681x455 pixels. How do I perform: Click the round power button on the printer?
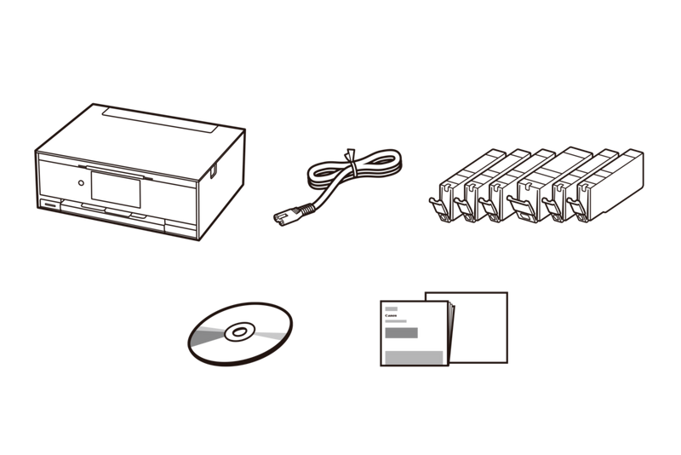point(79,181)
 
